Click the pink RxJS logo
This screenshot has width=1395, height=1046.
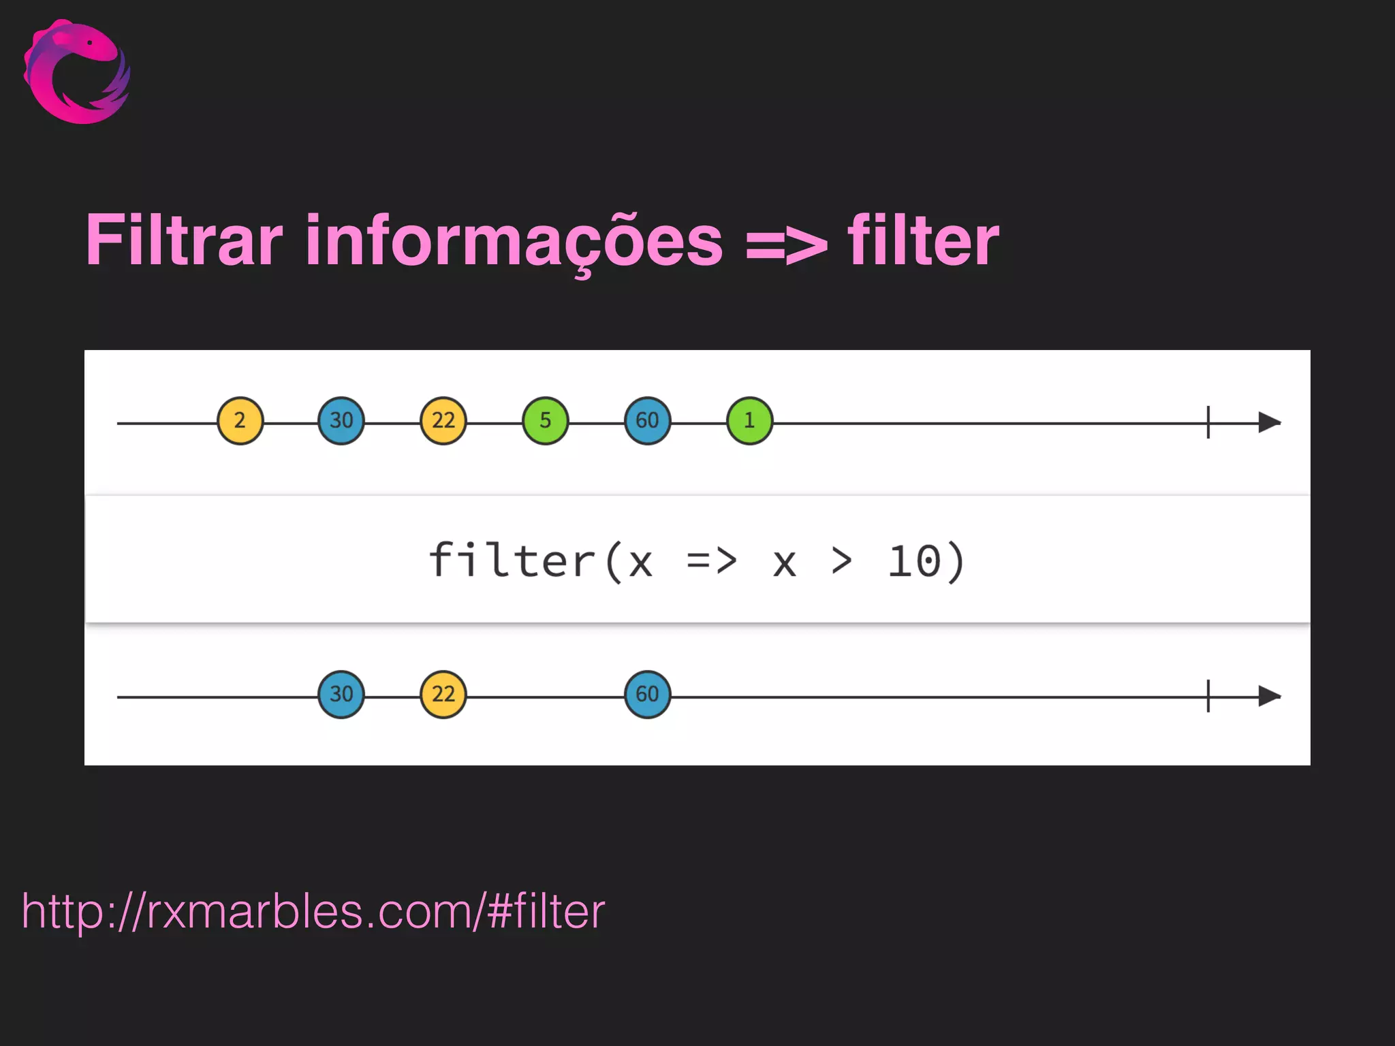[x=76, y=72]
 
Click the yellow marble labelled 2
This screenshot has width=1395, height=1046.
[x=240, y=421]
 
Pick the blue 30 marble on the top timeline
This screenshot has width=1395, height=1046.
[x=341, y=421]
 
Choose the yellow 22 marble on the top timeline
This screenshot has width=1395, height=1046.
[x=443, y=421]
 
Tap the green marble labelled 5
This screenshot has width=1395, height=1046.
[x=546, y=421]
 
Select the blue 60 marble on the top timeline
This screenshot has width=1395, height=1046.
[x=647, y=421]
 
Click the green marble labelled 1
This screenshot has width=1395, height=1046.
[x=749, y=421]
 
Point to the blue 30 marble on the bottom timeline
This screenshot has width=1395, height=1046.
[x=341, y=695]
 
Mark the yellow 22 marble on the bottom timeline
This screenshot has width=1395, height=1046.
[x=443, y=695]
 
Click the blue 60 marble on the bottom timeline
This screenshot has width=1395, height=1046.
[x=647, y=695]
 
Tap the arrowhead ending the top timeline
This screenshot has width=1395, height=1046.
[x=1269, y=422]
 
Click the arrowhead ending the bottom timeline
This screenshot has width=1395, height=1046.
[x=1269, y=696]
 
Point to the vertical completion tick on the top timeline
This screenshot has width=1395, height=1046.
[x=1208, y=422]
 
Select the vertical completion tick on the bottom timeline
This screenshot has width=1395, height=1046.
[x=1208, y=696]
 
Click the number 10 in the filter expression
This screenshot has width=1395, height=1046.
[x=915, y=561]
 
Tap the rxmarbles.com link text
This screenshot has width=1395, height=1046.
[x=313, y=911]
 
